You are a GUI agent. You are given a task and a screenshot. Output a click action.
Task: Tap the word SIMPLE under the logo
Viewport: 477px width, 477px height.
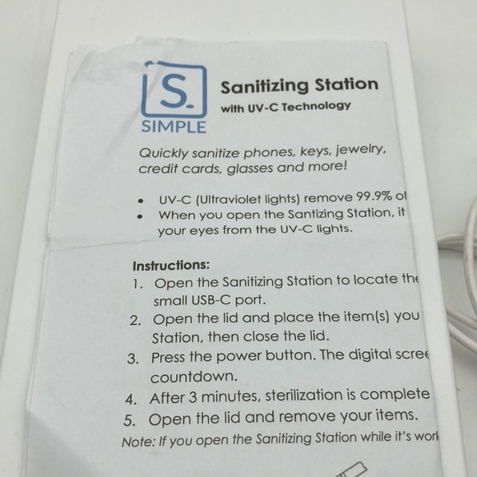coord(174,127)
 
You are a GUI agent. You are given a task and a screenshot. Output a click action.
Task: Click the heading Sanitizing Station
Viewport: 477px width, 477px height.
coord(299,86)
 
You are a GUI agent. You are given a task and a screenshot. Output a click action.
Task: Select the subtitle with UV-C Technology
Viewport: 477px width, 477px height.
coord(286,107)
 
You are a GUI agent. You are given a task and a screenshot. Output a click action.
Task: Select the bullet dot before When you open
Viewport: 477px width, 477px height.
coord(141,216)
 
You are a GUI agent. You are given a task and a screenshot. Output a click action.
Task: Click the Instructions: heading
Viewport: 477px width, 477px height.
coord(171,266)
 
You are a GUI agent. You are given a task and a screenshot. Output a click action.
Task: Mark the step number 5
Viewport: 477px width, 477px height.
coord(129,419)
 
